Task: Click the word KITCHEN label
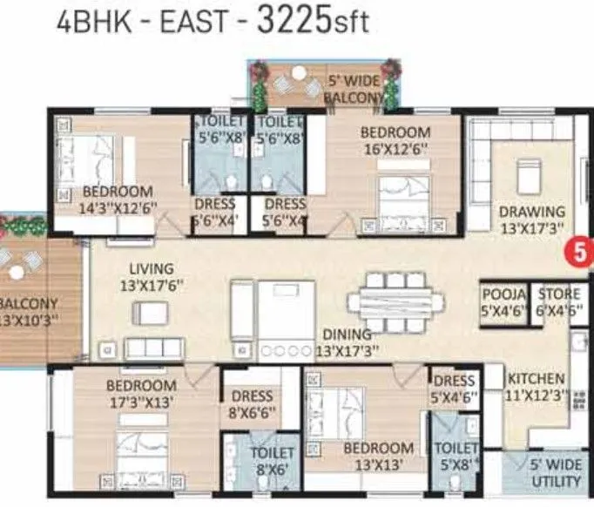[537, 380]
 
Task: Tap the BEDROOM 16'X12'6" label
[395, 140]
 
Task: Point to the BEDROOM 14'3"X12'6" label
[118, 199]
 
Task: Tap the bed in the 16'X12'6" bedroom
[402, 193]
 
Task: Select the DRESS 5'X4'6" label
[454, 389]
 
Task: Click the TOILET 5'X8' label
[455, 456]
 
